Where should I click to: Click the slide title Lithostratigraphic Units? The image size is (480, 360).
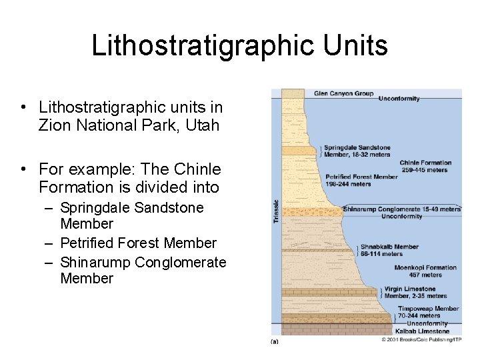[239, 46]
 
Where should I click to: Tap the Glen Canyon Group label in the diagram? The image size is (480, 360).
[343, 94]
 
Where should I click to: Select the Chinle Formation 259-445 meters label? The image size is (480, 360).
[425, 166]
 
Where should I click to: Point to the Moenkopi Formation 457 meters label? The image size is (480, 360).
[427, 271]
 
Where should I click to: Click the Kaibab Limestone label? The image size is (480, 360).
[423, 331]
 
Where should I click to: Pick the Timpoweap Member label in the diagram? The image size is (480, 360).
[428, 309]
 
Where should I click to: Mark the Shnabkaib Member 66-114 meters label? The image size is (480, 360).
[389, 250]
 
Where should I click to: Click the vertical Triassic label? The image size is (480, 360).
[277, 211]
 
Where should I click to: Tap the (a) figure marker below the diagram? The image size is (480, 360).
[275, 341]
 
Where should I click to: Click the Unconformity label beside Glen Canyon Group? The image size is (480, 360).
[399, 99]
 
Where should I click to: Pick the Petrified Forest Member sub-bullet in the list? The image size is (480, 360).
[138, 243]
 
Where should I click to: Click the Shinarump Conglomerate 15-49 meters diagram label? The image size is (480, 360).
[401, 209]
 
